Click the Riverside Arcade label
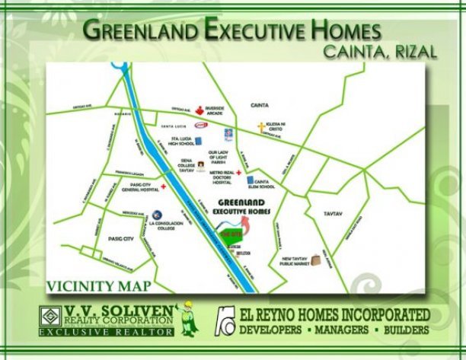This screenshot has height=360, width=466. (213, 111)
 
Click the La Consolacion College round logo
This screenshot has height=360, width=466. (157, 215)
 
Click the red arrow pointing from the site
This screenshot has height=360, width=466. (244, 225)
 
